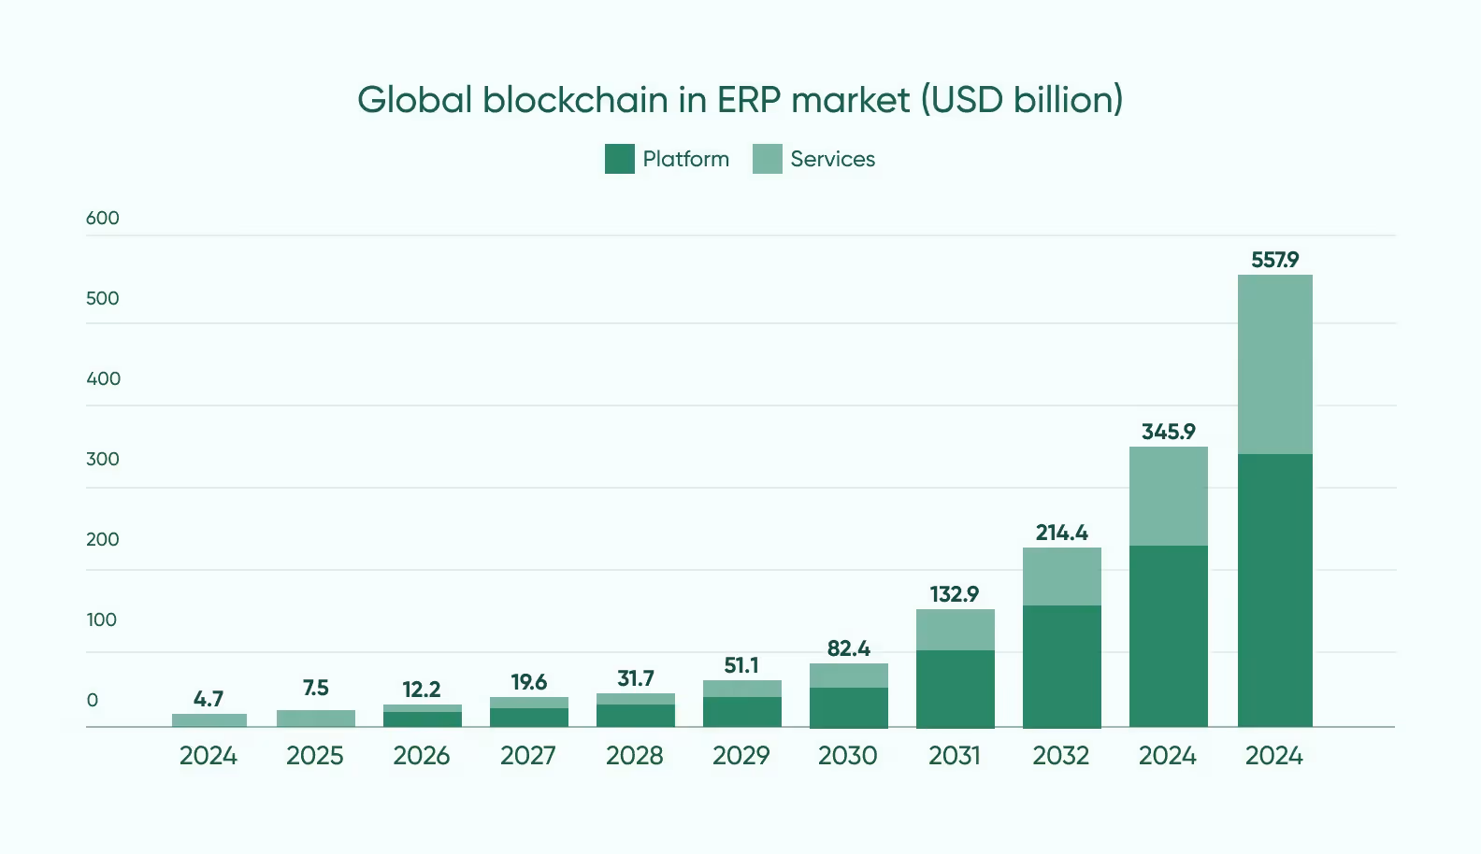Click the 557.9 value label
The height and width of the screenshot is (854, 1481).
pos(1274,260)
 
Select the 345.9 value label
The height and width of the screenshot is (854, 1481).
pos(1168,432)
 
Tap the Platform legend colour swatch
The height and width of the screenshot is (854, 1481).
pos(619,159)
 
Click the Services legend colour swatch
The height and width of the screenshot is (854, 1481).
pos(767,159)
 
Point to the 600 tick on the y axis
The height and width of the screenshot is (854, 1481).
pos(103,218)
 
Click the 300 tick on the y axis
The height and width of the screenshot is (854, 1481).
pos(103,459)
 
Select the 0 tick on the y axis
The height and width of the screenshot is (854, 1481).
pos(92,700)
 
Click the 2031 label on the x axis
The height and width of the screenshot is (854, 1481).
pos(954,755)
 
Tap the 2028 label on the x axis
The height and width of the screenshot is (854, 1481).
pos(634,755)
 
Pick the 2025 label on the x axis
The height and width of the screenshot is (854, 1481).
pos(314,755)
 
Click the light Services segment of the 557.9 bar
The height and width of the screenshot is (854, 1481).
pos(1274,364)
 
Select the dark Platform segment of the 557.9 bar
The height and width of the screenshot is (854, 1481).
pos(1274,591)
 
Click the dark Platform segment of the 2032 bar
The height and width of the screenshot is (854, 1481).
pos(1061,665)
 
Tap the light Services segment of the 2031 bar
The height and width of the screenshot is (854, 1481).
pos(955,630)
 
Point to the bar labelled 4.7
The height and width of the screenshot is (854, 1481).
pos(209,720)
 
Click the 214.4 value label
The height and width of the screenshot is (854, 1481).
pos(1061,533)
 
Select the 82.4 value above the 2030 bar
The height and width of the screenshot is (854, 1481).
pos(848,648)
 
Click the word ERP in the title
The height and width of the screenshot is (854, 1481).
pos(749,100)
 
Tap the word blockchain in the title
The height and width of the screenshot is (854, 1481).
pos(575,100)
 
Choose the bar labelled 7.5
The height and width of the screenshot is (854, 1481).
pos(316,719)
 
